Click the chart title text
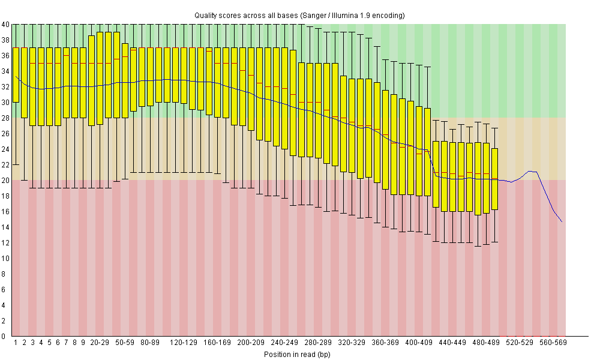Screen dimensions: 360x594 (299, 15)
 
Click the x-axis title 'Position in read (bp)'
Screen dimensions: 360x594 (297, 354)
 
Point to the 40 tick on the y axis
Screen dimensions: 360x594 (5, 25)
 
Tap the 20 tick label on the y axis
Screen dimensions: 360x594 (5, 180)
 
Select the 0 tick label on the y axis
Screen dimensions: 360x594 (5, 336)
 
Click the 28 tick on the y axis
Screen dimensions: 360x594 (5, 118)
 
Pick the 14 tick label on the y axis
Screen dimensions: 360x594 (5, 227)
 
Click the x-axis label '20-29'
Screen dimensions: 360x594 (100, 342)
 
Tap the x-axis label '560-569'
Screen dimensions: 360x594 (553, 342)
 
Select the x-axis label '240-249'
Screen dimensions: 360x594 (284, 342)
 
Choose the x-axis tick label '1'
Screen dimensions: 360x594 (16, 342)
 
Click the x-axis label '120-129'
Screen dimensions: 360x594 (184, 342)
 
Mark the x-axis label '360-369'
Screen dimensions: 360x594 (385, 342)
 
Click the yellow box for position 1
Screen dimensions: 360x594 (16, 74)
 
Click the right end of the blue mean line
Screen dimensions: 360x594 (562, 221)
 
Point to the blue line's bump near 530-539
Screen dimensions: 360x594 (530, 172)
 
